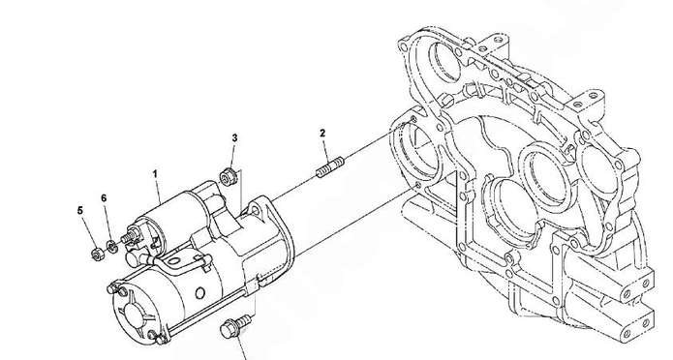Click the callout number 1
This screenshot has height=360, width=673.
pyautogui.click(x=155, y=174)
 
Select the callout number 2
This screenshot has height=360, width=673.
pyautogui.click(x=322, y=133)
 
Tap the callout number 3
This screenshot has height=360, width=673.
pyautogui.click(x=234, y=138)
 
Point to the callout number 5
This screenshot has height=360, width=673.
pyautogui.click(x=80, y=211)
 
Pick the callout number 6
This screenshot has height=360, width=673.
pyautogui.click(x=104, y=198)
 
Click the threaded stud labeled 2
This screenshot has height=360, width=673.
pyautogui.click(x=330, y=167)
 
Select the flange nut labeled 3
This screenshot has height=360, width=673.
pyautogui.click(x=228, y=177)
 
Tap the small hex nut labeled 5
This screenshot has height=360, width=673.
pyautogui.click(x=96, y=254)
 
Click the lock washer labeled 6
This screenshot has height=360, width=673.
pyautogui.click(x=111, y=247)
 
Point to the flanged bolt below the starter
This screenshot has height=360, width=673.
pyautogui.click(x=234, y=326)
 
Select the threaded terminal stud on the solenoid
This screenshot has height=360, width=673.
pyautogui.click(x=128, y=236)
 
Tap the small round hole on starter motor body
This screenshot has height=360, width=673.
pyautogui.click(x=200, y=293)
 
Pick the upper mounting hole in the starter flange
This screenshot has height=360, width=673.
pyautogui.click(x=255, y=210)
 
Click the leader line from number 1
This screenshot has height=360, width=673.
pyautogui.click(x=158, y=191)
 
